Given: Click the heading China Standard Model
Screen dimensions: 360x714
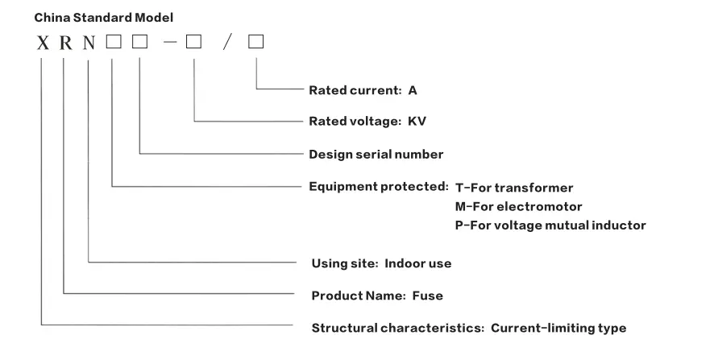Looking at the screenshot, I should pyautogui.click(x=103, y=17).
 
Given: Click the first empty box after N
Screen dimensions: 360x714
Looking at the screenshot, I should pyautogui.click(x=113, y=43).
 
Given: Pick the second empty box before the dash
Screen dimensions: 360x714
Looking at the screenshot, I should pyautogui.click(x=139, y=43).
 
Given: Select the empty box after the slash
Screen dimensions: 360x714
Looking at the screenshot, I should pyautogui.click(x=255, y=43).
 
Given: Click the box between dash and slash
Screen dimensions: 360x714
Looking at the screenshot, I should pyautogui.click(x=193, y=43).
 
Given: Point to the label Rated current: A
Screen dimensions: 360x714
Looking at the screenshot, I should pyautogui.click(x=363, y=91).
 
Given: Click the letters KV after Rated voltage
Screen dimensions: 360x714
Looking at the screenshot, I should pyautogui.click(x=417, y=122).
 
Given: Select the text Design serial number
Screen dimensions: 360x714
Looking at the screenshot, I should pyautogui.click(x=376, y=154).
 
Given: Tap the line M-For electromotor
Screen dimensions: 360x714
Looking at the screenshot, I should pyautogui.click(x=518, y=206).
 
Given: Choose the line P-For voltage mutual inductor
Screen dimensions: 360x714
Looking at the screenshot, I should pyautogui.click(x=550, y=226).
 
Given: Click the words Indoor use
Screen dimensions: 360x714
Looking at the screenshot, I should pyautogui.click(x=417, y=263).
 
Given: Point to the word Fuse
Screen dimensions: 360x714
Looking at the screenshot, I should pyautogui.click(x=427, y=296).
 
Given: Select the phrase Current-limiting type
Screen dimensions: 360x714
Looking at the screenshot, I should pyautogui.click(x=558, y=328).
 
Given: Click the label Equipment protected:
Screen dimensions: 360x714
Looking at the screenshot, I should pyautogui.click(x=379, y=187).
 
